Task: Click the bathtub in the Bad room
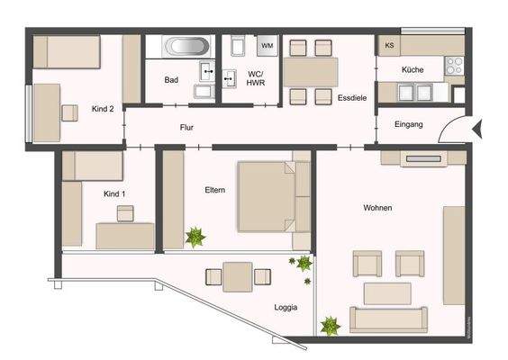[x=187, y=45]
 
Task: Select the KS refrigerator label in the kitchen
[x=389, y=45]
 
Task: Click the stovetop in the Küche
[x=454, y=65]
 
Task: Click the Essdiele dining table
[x=311, y=71]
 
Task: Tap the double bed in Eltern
[x=268, y=195]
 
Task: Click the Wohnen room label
[x=377, y=208]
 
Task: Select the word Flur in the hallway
[x=186, y=127]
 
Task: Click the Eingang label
[x=408, y=123]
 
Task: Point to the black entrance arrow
[x=479, y=131]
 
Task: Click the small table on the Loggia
[x=238, y=275]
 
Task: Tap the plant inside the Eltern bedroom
[x=195, y=238]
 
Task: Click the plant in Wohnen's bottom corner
[x=331, y=325]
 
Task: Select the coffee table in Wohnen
[x=386, y=293]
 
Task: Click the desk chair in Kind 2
[x=68, y=112]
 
